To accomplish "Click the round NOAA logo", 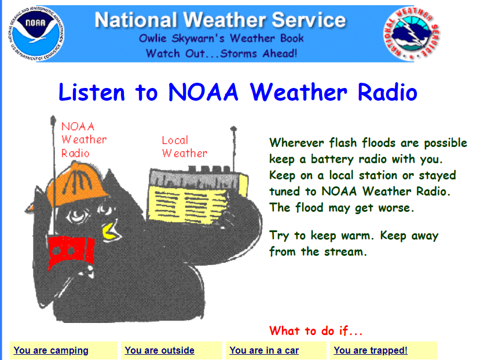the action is [36, 33].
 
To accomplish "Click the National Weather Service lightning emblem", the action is [412, 33].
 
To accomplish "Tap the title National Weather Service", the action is [220, 20].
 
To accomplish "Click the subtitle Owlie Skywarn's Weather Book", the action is [221, 38].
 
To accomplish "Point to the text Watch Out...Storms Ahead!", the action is [221, 53].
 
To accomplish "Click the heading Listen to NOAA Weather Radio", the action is [238, 92].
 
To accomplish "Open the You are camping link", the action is [51, 350].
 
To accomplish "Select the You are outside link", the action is [159, 350].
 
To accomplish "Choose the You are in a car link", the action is [264, 350].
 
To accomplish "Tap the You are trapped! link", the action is [371, 350].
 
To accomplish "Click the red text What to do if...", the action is [316, 330].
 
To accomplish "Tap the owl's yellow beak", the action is [111, 232].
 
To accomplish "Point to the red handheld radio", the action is [71, 252].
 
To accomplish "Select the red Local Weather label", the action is [185, 146].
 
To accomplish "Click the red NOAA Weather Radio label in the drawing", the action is [84, 139].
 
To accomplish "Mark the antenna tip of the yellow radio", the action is [233, 128].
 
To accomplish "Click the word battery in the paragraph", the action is [332, 159].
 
